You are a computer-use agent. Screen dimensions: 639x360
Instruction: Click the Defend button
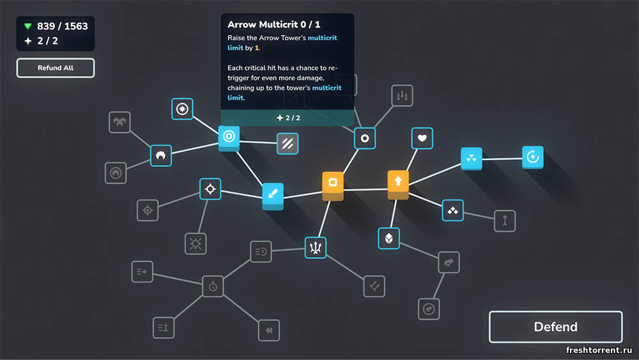555,327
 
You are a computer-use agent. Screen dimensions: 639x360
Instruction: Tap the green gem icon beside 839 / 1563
27,26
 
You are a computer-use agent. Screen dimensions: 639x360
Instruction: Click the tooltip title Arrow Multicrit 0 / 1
274,24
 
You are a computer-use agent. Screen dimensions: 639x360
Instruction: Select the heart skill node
422,138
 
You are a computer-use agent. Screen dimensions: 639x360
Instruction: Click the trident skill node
316,247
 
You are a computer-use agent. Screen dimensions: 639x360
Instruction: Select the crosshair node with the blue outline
210,189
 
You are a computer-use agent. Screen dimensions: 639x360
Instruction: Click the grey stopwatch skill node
213,286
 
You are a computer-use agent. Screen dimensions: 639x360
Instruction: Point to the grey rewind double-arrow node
269,330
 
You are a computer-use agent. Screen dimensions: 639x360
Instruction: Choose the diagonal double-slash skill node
288,143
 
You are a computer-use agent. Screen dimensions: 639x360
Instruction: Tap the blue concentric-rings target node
229,137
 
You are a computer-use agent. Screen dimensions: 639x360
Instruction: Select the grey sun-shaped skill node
196,244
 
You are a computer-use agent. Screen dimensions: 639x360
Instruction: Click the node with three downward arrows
402,95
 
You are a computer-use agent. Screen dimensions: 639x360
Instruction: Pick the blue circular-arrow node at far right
533,157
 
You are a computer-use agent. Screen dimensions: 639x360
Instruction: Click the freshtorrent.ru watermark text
599,350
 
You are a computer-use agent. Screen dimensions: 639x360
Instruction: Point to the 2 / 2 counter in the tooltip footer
288,118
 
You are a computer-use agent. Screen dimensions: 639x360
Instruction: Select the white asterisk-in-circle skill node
182,109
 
